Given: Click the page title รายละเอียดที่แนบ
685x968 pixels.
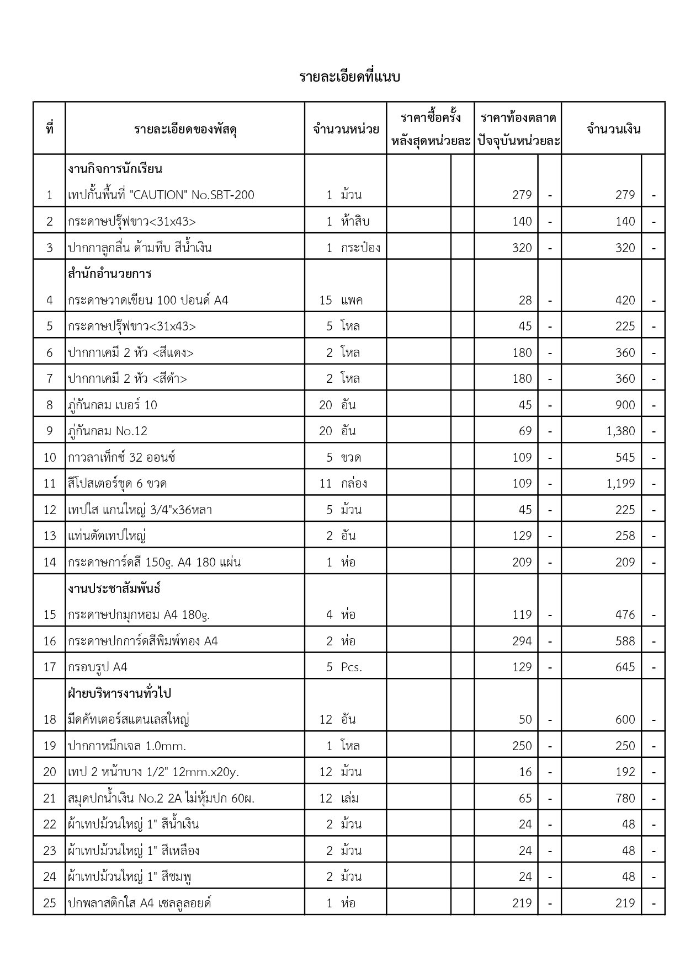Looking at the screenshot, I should tap(349, 77).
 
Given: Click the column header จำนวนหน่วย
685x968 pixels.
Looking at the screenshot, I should tap(346, 130).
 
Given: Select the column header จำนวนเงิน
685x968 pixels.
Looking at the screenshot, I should tap(613, 130).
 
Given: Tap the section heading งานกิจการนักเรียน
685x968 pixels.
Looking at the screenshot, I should tap(115, 169).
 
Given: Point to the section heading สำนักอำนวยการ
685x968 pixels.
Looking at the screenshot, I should tap(109, 274).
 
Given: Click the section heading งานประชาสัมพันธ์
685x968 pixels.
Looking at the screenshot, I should tap(114, 589).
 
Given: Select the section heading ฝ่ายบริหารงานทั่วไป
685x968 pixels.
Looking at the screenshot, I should tap(120, 693).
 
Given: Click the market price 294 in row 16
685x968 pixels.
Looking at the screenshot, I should tap(522, 641).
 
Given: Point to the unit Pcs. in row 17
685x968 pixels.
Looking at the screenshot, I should tap(351, 667).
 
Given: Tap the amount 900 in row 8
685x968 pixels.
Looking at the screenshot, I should tap(625, 405).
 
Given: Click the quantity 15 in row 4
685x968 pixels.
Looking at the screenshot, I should tap(326, 301).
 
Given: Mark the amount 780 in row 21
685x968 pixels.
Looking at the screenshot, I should tap(625, 799).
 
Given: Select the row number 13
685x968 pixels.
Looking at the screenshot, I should tap(50, 536).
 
